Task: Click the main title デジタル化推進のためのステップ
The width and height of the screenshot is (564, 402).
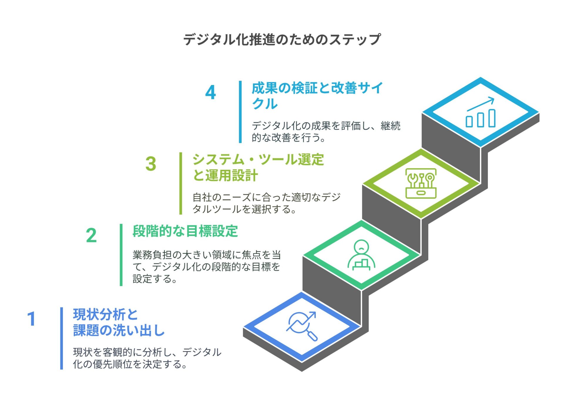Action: pyautogui.click(x=282, y=39)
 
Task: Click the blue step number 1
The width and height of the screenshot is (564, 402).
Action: pyautogui.click(x=31, y=319)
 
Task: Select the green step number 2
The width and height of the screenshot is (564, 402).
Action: pyautogui.click(x=91, y=235)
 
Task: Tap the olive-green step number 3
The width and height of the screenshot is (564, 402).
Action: pyautogui.click(x=151, y=164)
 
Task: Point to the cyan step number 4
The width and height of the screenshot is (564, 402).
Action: pyautogui.click(x=210, y=92)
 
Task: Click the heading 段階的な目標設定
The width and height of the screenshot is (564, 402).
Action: pyautogui.click(x=185, y=231)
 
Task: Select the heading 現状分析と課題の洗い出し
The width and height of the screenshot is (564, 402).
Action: pyautogui.click(x=119, y=322)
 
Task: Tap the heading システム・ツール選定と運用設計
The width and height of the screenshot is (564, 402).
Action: pyautogui.click(x=258, y=168)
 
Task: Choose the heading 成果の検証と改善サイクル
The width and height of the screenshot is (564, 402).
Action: pyautogui.click(x=317, y=96)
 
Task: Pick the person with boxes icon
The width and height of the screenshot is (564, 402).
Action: pyautogui.click(x=362, y=255)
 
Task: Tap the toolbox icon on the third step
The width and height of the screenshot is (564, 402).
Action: pyautogui.click(x=421, y=183)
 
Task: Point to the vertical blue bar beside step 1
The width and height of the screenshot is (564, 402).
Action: pyautogui.click(x=62, y=338)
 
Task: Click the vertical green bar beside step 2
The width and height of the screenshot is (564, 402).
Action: pyautogui.click(x=121, y=255)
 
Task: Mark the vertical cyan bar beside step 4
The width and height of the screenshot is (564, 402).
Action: pyautogui.click(x=240, y=112)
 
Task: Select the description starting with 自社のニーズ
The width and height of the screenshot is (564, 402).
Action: pyautogui.click(x=266, y=203)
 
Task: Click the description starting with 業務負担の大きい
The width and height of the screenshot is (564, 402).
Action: pyautogui.click(x=207, y=267)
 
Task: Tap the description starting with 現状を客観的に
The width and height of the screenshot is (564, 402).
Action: pyautogui.click(x=147, y=358)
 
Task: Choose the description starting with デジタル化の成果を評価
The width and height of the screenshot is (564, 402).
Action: pyautogui.click(x=326, y=132)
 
